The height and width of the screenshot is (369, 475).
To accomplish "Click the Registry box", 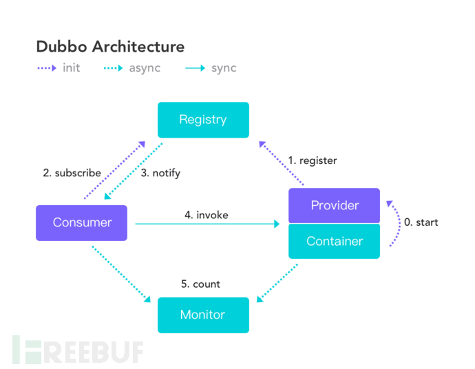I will [x=202, y=120].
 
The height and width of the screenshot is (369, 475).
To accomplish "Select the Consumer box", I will [x=81, y=222].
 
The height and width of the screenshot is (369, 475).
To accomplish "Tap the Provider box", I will [x=334, y=205].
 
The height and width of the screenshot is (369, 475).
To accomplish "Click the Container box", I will [x=334, y=241].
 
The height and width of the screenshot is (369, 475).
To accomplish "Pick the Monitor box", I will [x=202, y=315].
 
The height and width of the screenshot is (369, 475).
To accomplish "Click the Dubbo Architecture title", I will [x=110, y=47].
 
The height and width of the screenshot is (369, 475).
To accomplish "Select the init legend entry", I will [x=62, y=68].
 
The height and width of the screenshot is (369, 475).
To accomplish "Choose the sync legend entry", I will [x=211, y=68].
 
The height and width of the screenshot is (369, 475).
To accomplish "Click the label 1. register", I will [x=313, y=160].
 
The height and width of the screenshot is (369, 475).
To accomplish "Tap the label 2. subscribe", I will [x=72, y=173].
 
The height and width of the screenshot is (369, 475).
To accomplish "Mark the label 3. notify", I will [x=160, y=173].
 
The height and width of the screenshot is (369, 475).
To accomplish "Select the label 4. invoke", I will [x=207, y=215].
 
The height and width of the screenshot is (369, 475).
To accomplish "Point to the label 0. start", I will [x=421, y=222].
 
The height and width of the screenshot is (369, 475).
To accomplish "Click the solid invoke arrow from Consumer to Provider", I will [x=207, y=224].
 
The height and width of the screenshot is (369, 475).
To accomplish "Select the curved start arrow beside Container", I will [x=397, y=224].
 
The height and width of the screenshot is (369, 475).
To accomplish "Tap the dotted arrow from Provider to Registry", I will [x=282, y=163].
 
